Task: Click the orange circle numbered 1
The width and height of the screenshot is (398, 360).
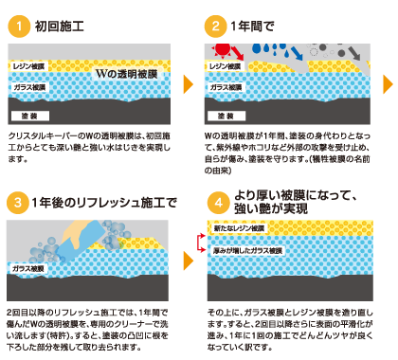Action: point(19,27)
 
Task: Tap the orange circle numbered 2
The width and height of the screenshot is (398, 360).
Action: point(215,27)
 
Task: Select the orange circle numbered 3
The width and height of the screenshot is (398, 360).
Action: point(18,203)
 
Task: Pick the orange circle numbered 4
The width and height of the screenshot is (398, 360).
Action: point(219,203)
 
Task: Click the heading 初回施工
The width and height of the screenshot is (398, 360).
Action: point(60,27)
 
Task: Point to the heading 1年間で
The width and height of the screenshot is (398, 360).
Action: point(252,27)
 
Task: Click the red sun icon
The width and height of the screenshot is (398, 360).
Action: point(222,49)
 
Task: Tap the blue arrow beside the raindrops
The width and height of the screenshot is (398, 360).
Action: point(297,53)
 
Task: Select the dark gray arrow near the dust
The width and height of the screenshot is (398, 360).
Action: point(354,53)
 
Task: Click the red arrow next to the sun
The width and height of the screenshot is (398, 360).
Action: point(238,53)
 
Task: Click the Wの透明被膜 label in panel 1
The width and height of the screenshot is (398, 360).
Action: point(127,74)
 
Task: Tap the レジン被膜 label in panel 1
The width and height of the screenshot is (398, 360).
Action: point(28,66)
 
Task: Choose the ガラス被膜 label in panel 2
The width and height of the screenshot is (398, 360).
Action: point(226,87)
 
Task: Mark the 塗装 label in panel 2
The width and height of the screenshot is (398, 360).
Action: point(226,116)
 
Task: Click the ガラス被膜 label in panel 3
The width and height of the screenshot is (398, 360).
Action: point(28,269)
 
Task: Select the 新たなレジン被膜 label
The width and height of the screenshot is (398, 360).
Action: point(239,228)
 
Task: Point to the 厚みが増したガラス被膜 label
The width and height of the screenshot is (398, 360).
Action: point(247,251)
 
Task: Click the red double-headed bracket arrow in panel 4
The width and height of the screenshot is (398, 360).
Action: point(199,243)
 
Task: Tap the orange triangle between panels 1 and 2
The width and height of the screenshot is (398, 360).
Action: point(189,84)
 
